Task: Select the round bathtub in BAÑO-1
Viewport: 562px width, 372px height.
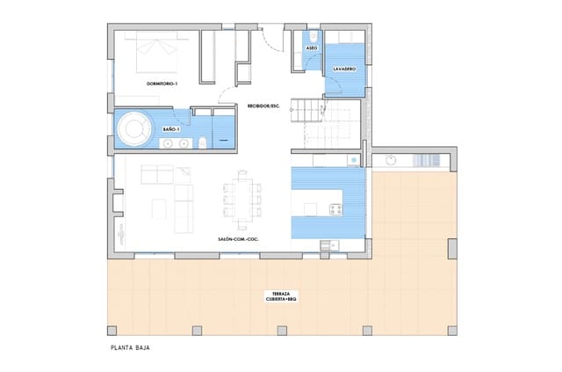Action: [x=135, y=129]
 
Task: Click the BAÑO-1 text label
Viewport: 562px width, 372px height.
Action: [x=171, y=130]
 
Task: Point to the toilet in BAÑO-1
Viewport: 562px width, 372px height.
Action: [x=203, y=142]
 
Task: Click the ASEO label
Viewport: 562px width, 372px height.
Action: [x=311, y=47]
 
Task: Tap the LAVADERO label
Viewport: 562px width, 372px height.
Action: [x=343, y=69]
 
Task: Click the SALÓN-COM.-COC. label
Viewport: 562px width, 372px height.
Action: [x=243, y=238]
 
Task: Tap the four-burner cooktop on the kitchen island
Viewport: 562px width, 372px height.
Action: [x=335, y=209]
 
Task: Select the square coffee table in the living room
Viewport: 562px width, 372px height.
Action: [x=159, y=209]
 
